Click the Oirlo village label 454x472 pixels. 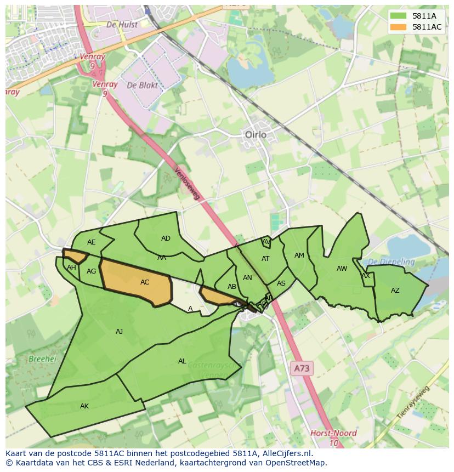(255, 134)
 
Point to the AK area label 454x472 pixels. (84, 406)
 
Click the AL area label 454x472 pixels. (182, 361)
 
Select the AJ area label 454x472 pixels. (120, 331)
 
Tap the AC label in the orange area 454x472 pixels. (145, 282)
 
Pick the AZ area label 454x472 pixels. (395, 291)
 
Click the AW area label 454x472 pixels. (342, 269)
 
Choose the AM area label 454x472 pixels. (299, 255)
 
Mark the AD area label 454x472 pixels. (166, 238)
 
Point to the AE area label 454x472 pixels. (92, 242)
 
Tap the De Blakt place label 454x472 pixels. (142, 86)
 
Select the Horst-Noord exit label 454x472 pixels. (333, 433)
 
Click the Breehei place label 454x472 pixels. (42, 359)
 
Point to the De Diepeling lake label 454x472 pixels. (391, 262)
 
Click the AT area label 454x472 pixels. (266, 259)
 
